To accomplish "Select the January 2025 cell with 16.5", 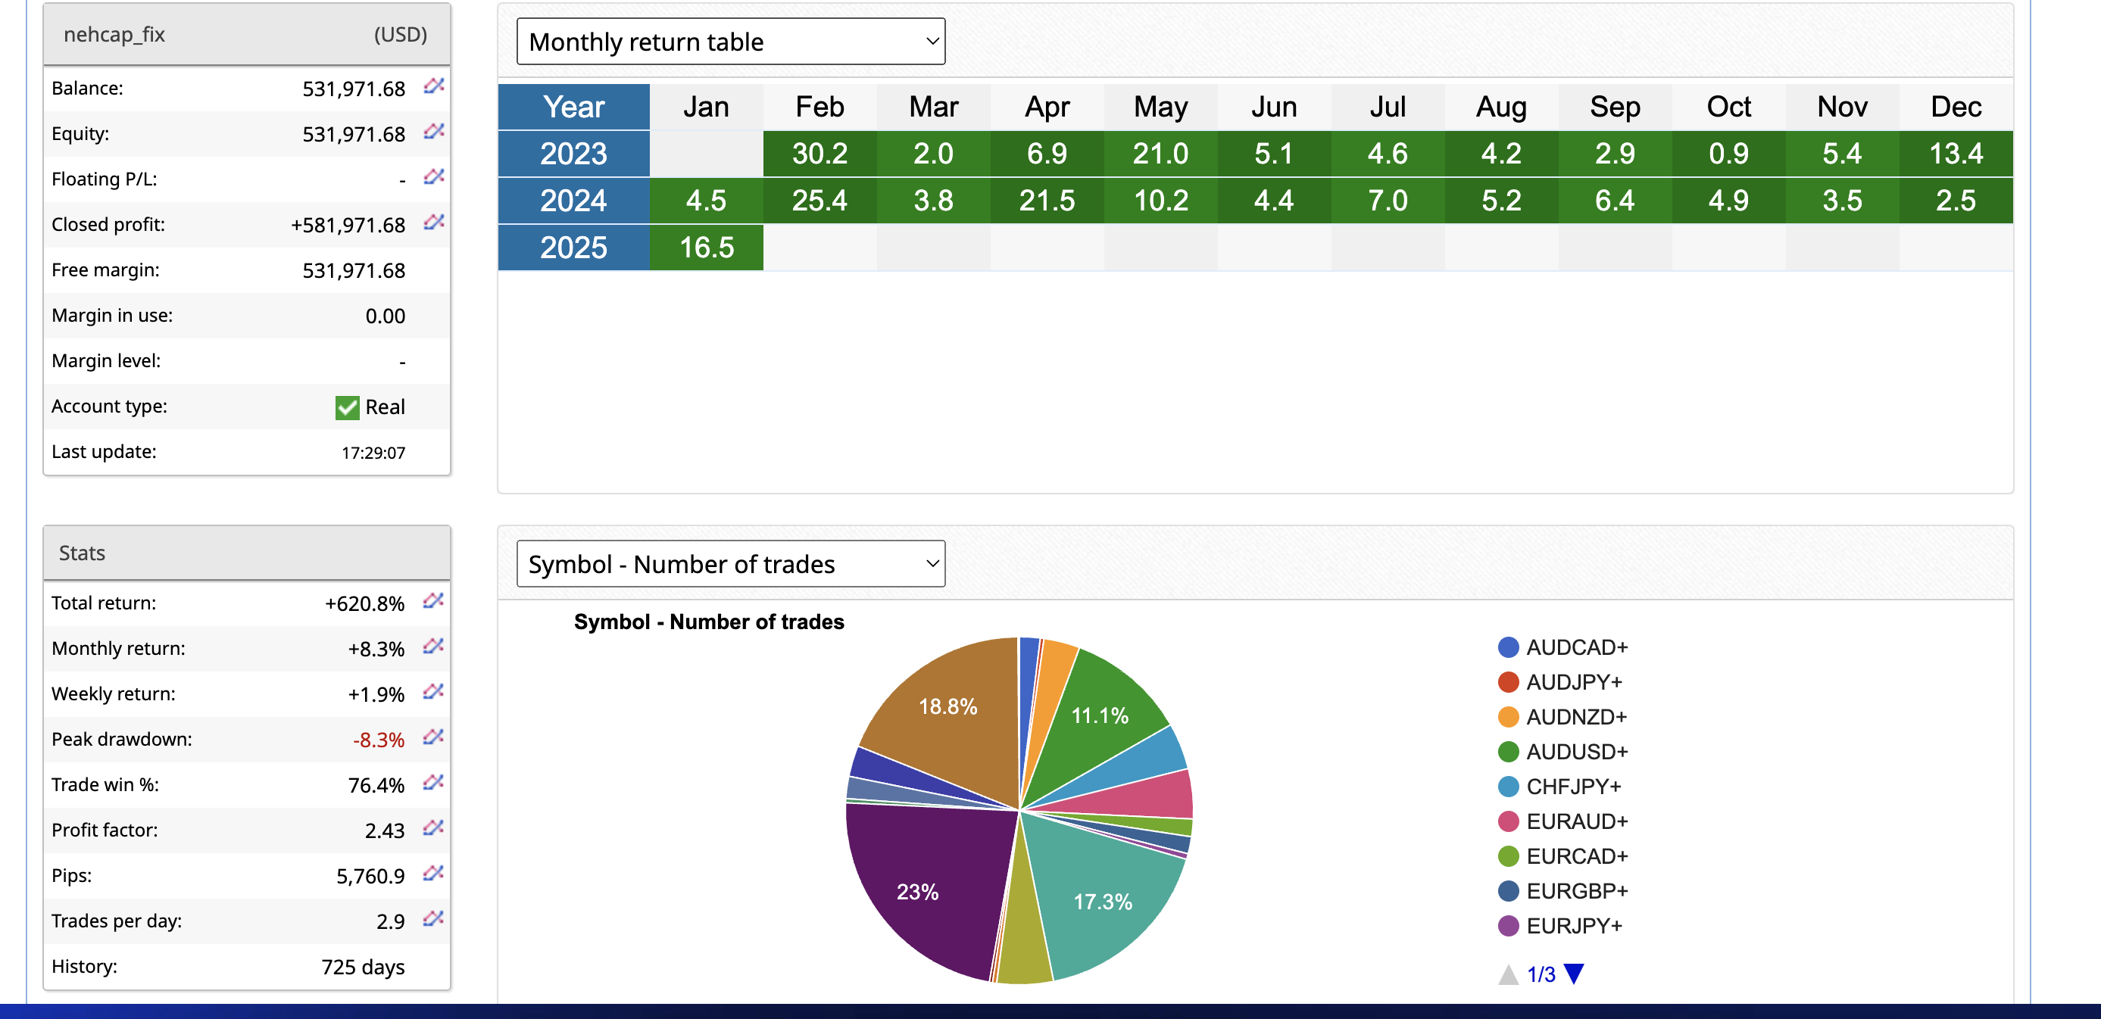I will pyautogui.click(x=707, y=248).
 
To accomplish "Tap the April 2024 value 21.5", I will pyautogui.click(x=1047, y=201).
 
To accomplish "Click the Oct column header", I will pyautogui.click(x=1728, y=107).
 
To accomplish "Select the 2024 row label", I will pyautogui.click(x=573, y=201).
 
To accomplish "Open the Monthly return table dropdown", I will pyautogui.click(x=731, y=42).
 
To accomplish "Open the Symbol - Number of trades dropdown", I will pyautogui.click(x=731, y=564).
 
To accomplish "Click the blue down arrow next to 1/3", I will pyautogui.click(x=1574, y=974).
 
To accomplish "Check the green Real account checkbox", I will pyautogui.click(x=348, y=407).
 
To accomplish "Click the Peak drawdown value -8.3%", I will pyautogui.click(x=379, y=740).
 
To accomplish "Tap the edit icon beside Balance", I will pyautogui.click(x=433, y=86).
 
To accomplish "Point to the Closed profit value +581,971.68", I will pyautogui.click(x=348, y=225).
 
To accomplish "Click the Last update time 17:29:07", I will pyautogui.click(x=373, y=453).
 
